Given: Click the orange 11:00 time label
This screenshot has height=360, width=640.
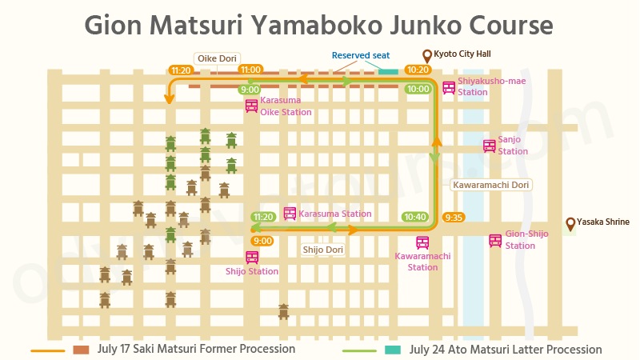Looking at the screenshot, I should pos(251,70).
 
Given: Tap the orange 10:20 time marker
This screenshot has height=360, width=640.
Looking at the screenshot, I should pos(418,70).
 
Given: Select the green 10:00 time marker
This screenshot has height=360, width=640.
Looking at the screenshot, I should pos(418,89).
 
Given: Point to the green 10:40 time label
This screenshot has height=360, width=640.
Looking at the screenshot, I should pos(416,217).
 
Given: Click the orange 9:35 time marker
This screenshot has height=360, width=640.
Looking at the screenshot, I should pos(454,217).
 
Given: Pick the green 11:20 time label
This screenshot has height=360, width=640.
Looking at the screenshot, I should pos(263,217).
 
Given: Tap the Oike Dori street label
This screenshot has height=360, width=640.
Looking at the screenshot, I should pos(217,58).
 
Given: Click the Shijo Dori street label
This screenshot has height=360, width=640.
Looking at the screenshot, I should pos(323,250).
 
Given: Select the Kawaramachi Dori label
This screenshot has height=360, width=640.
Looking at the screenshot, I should pos(491,185).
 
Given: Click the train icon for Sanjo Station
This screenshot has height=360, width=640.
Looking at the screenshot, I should pos(489,146).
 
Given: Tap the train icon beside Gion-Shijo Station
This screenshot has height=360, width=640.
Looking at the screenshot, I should pos(496,240).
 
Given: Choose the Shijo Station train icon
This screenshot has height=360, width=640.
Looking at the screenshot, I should pos(252,257).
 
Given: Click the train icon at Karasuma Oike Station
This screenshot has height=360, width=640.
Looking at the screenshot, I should pos(251,106).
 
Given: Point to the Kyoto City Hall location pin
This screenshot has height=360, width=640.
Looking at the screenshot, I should pos(426,55).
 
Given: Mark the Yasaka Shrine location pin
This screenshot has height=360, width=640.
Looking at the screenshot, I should pos(570,223).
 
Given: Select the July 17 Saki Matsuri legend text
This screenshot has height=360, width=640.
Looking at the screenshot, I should pos(196,350).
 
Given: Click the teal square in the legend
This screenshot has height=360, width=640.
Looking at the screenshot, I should pos(392,350).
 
